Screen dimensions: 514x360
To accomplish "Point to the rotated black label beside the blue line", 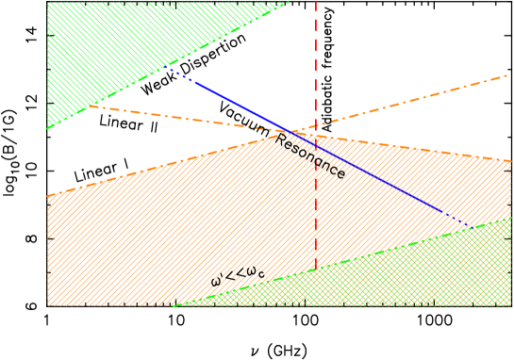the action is pos(309,155).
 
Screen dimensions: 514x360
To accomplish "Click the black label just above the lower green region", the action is pos(237,276).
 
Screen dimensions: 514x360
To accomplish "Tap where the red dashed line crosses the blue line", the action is pos(316,144).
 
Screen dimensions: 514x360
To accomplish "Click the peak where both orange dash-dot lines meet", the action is pos(289,133).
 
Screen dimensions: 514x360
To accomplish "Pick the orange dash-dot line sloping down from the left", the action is pos(189,118).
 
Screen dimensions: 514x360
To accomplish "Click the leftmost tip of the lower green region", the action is pos(174,305).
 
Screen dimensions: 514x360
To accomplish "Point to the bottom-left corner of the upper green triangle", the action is pos(47,128).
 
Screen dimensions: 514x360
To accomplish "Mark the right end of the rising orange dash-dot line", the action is pos(507,75).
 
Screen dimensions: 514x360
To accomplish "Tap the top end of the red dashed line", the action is pos(316,2).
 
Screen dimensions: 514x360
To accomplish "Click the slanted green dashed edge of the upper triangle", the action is pos(170,66).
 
